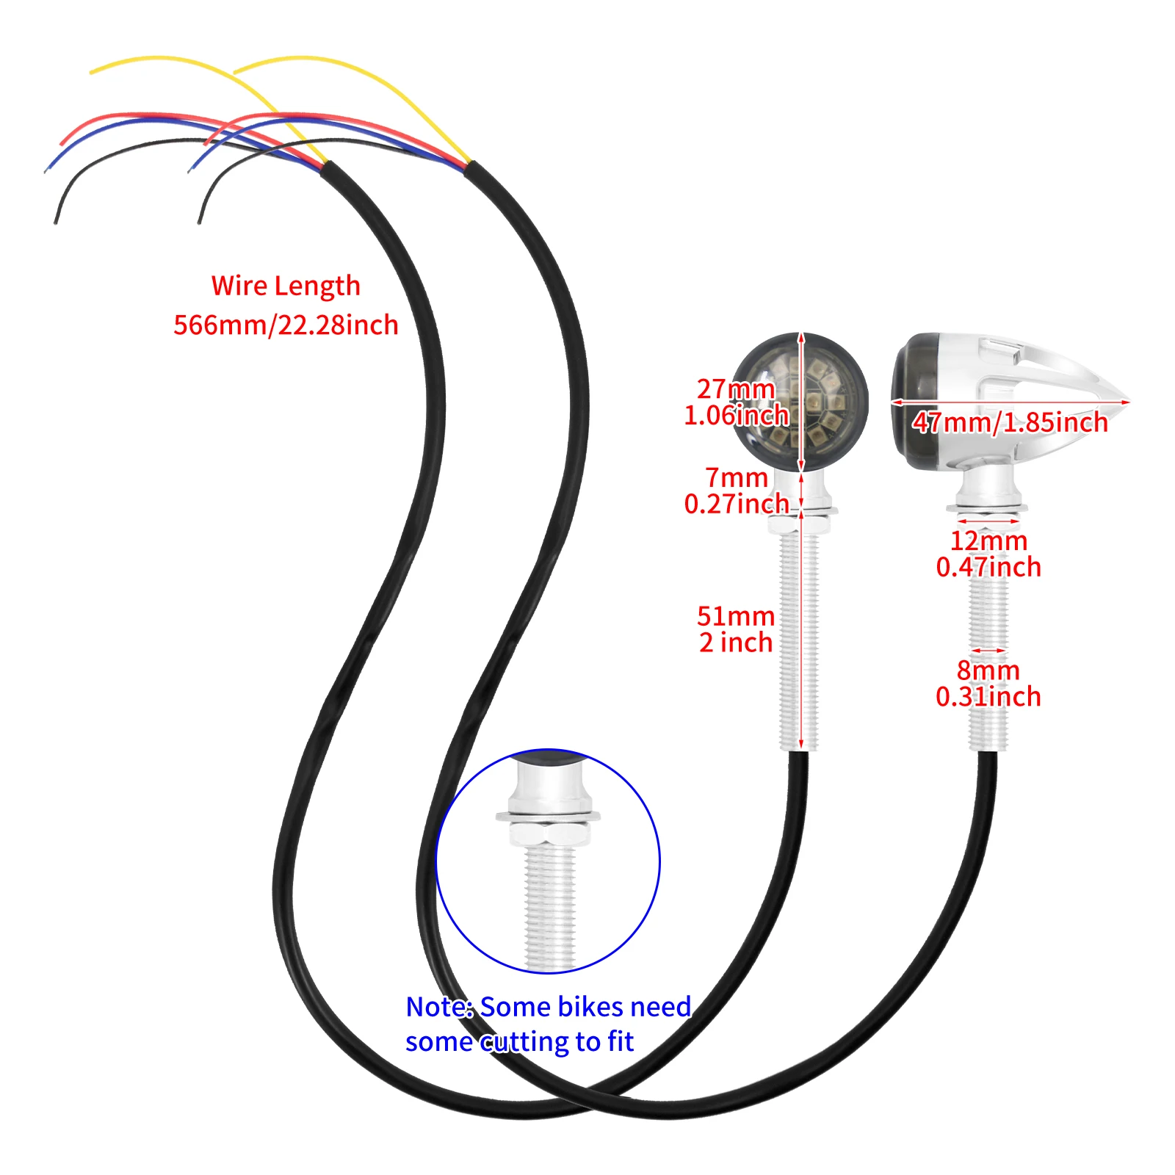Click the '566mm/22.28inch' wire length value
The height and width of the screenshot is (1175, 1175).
286,325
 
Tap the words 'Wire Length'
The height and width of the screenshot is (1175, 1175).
286,286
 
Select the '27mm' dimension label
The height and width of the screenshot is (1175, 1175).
736,388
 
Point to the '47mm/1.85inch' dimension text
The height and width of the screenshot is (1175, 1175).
1010,422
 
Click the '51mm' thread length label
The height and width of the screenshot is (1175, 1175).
736,616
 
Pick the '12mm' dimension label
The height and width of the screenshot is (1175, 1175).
988,541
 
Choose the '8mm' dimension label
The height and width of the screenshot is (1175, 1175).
988,670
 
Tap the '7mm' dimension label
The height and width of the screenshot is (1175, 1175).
737,478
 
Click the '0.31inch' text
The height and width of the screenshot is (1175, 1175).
988,697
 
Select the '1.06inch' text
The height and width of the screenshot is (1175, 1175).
737,416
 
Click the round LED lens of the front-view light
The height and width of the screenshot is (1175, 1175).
801,402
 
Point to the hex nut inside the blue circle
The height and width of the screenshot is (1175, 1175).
548,834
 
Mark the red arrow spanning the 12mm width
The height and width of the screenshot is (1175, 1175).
988,521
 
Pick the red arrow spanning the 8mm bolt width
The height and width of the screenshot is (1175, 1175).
988,651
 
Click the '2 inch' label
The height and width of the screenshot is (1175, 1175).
736,643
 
